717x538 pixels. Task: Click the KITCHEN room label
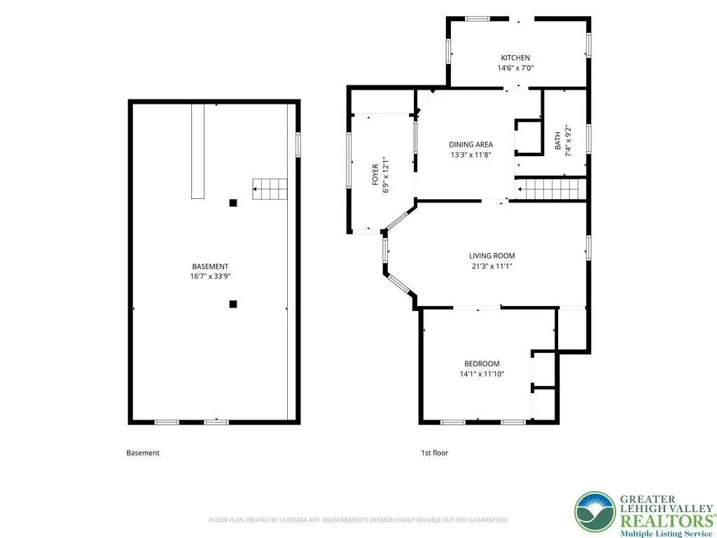[x=515, y=57]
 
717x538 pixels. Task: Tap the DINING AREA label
[x=471, y=144]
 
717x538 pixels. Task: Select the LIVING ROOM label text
[x=492, y=256]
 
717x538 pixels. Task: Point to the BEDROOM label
[x=482, y=364]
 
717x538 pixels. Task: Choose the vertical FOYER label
[x=375, y=174]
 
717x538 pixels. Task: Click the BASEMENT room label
[x=210, y=266]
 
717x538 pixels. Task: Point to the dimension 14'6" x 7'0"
[x=516, y=68]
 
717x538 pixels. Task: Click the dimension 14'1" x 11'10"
[x=482, y=374]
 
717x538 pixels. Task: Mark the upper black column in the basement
[x=233, y=202]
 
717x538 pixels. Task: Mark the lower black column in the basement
[x=233, y=304]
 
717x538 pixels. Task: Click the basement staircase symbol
[x=270, y=189]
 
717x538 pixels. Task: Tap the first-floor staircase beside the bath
[x=550, y=189]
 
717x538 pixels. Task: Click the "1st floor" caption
[x=434, y=453]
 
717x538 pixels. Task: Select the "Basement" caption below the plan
[x=143, y=453]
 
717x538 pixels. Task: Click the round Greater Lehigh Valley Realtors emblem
[x=595, y=511]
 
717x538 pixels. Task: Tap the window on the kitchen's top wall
[x=477, y=19]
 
